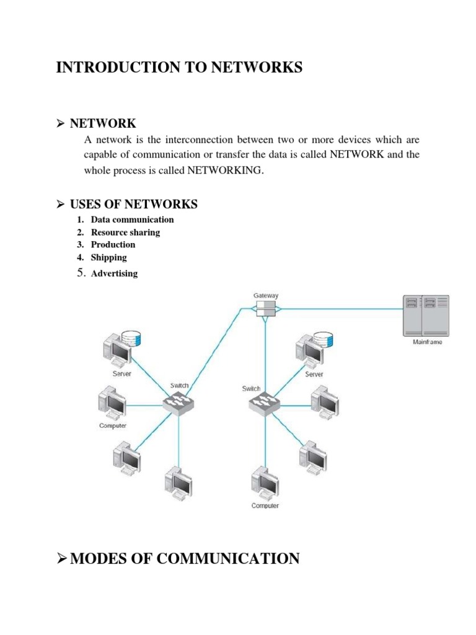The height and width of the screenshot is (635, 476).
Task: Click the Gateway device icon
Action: [x=265, y=308]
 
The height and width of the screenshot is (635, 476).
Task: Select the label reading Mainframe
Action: [x=427, y=342]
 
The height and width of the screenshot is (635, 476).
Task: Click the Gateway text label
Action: [x=266, y=296]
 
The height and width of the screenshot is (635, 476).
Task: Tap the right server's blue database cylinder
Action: [x=323, y=339]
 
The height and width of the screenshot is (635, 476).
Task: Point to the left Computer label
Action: [x=113, y=425]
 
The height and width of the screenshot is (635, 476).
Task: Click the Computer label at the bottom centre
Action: [x=265, y=505]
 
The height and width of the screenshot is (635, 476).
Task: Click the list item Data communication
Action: [x=132, y=220]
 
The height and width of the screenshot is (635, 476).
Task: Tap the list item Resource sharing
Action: [x=125, y=233]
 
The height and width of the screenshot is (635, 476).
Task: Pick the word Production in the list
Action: [x=113, y=244]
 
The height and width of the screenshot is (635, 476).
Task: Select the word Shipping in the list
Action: [x=108, y=257]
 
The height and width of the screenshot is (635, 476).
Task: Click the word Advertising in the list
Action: [x=114, y=273]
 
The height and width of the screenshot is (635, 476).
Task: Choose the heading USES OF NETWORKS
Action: [x=134, y=204]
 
